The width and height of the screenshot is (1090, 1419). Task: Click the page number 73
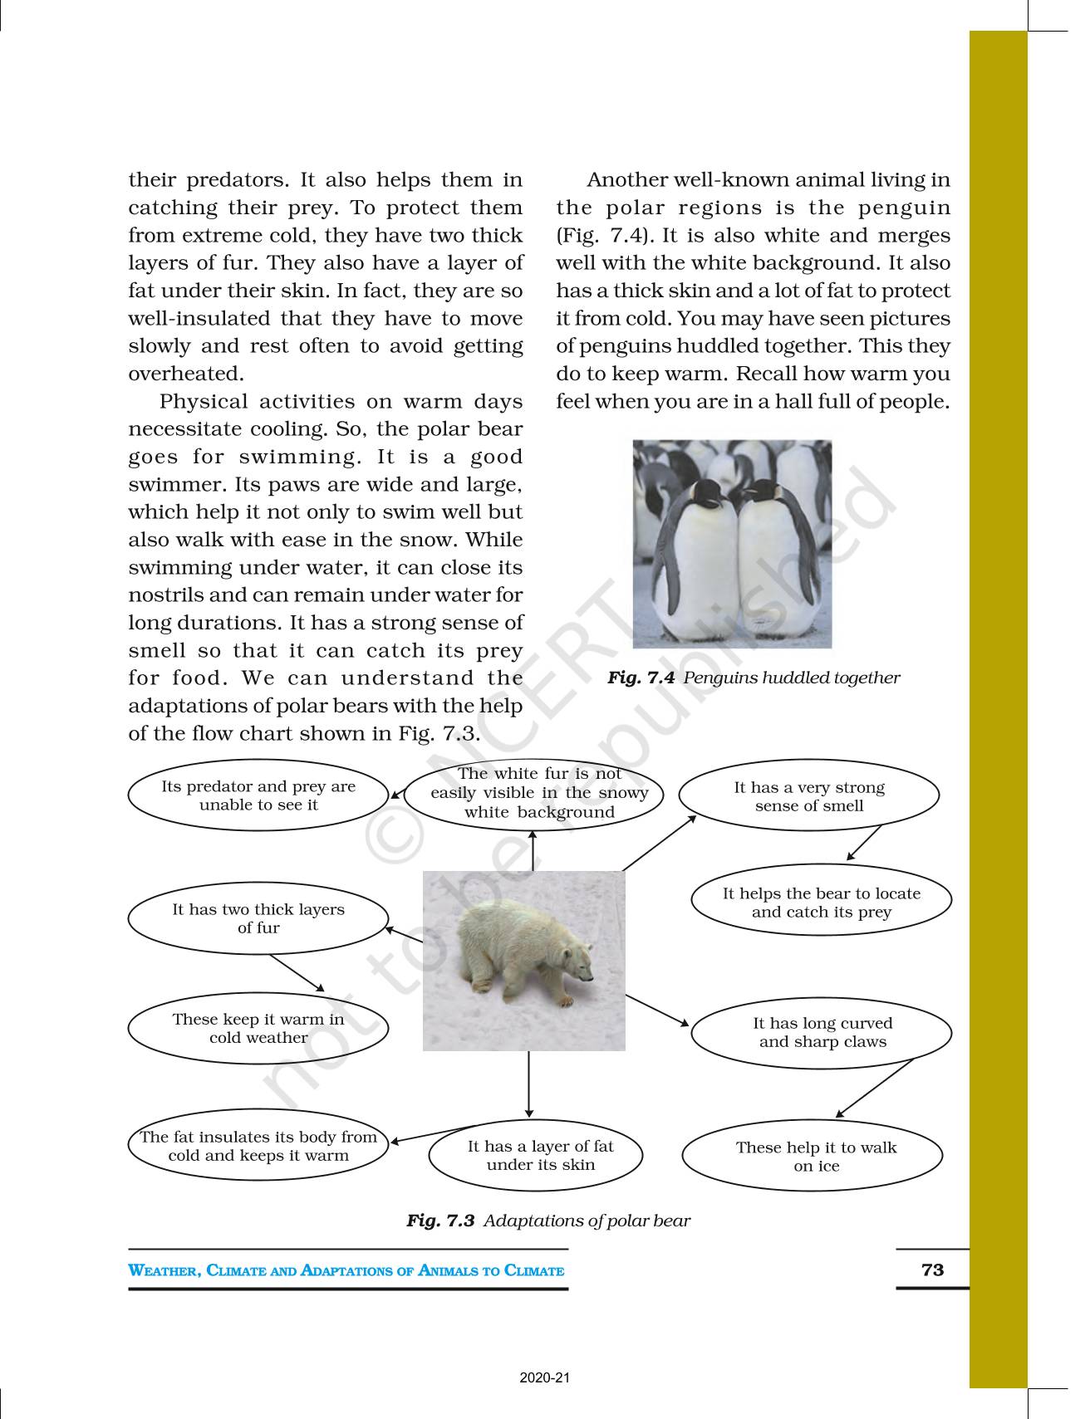pos(932,1270)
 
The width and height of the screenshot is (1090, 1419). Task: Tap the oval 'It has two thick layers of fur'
pos(258,918)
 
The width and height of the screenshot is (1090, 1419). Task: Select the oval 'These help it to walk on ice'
pos(813,1156)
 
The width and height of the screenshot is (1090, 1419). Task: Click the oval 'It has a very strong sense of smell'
pos(809,796)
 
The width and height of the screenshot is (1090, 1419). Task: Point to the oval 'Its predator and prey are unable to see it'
pos(258,795)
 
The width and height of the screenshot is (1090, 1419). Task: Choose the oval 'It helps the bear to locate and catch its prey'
pos(821,903)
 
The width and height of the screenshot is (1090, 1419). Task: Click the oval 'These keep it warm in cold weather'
pos(258,1028)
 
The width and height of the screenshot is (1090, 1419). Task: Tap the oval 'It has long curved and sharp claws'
pos(821,1032)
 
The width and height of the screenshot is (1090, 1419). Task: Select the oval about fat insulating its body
pos(258,1146)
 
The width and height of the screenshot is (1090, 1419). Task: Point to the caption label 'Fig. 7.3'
pos(439,1221)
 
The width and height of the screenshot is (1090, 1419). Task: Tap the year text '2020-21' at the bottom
pos(545,1378)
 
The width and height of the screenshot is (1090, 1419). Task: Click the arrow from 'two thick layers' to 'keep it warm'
pos(297,972)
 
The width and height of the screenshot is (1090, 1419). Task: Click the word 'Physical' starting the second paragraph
pos(199,402)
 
